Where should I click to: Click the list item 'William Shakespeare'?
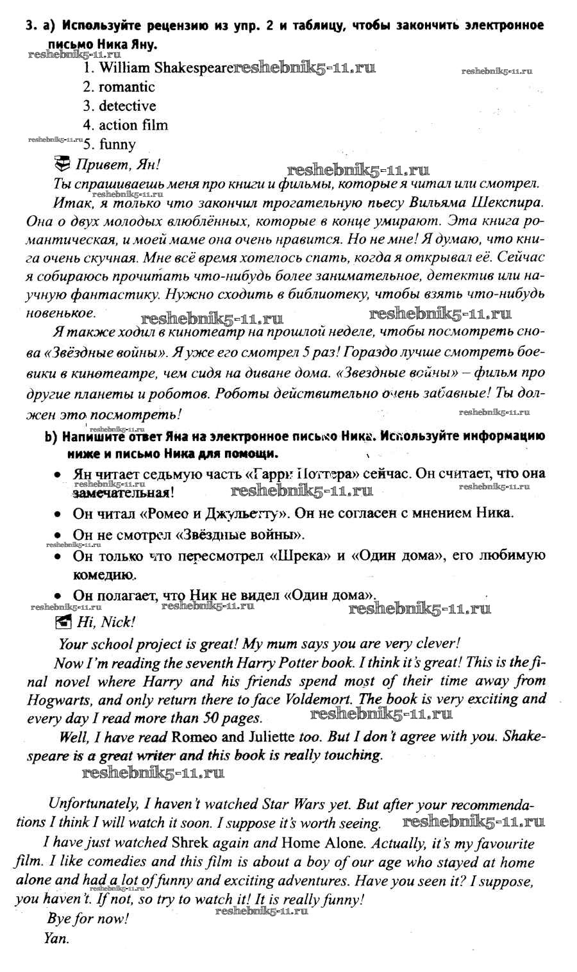click(157, 67)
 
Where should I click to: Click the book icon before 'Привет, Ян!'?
click(62, 163)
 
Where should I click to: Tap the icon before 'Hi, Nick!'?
click(63, 621)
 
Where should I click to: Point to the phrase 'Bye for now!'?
click(88, 918)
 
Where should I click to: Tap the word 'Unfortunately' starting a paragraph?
click(91, 804)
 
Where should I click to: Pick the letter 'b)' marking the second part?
click(51, 437)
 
